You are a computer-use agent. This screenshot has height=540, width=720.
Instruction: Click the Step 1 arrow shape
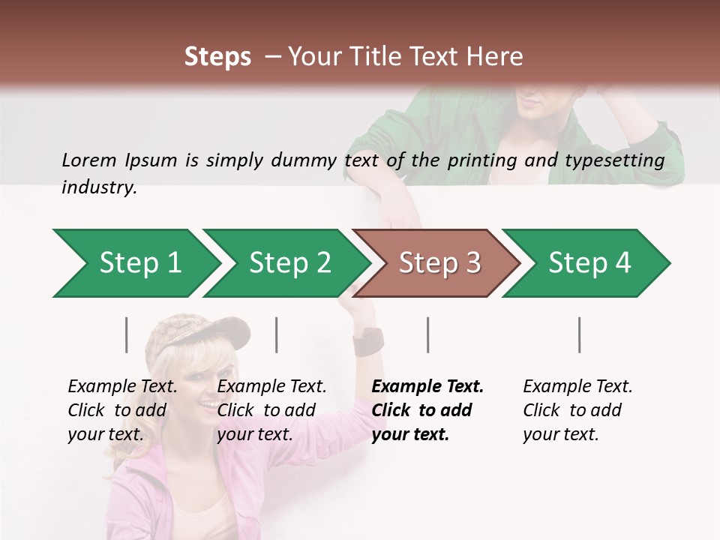click(135, 263)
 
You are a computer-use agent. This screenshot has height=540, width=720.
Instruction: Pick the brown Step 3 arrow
click(437, 263)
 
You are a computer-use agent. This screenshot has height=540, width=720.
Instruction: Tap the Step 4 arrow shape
click(587, 263)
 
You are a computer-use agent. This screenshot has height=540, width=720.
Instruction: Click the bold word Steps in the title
click(217, 57)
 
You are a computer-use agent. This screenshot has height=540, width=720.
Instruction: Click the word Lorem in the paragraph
click(88, 160)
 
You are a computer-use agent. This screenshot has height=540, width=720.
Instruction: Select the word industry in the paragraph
click(98, 187)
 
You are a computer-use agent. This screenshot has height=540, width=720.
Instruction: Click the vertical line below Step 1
click(127, 334)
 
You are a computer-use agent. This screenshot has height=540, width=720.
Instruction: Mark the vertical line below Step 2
click(277, 334)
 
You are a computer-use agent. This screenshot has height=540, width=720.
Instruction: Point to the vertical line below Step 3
click(428, 334)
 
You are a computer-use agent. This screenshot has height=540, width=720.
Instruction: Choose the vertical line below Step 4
click(580, 334)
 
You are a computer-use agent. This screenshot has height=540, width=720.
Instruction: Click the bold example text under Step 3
click(427, 410)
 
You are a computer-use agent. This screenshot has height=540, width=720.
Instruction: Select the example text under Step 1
click(122, 410)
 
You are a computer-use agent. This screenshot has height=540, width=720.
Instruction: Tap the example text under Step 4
click(577, 410)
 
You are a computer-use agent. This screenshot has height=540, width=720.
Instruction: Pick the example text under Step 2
click(271, 410)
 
